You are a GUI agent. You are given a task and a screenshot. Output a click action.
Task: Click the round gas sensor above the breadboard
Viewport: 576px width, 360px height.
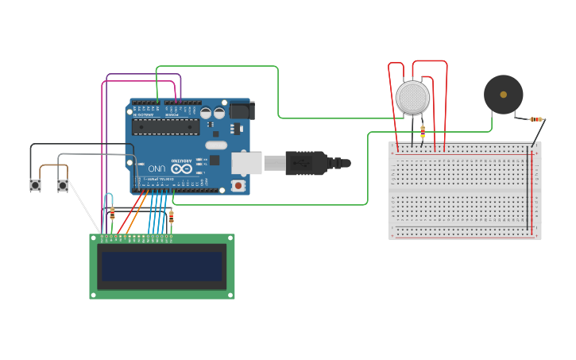[x=412, y=97]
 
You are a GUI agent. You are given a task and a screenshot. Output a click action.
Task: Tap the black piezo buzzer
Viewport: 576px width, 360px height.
[x=503, y=95]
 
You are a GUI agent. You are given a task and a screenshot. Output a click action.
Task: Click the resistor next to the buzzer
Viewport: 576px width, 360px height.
[x=537, y=119]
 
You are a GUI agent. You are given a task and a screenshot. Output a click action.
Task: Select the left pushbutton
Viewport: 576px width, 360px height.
[x=36, y=185]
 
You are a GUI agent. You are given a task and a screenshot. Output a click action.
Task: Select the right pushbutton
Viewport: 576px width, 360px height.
[x=63, y=185]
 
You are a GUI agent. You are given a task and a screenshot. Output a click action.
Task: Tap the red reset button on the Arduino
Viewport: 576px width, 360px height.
[x=238, y=185]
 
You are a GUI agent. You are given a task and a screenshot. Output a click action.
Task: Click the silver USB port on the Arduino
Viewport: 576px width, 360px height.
[x=247, y=163]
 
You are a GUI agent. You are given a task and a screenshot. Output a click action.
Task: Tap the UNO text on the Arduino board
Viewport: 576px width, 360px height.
[x=156, y=168]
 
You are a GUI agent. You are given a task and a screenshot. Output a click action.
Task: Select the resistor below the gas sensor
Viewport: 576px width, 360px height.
[x=422, y=131]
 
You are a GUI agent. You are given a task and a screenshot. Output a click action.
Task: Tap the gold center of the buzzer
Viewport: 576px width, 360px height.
[x=503, y=95]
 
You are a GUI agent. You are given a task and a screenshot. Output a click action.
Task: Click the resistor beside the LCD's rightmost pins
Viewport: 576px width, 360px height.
[x=172, y=217]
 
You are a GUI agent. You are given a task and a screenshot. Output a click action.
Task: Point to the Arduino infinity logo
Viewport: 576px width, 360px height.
[x=181, y=168]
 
